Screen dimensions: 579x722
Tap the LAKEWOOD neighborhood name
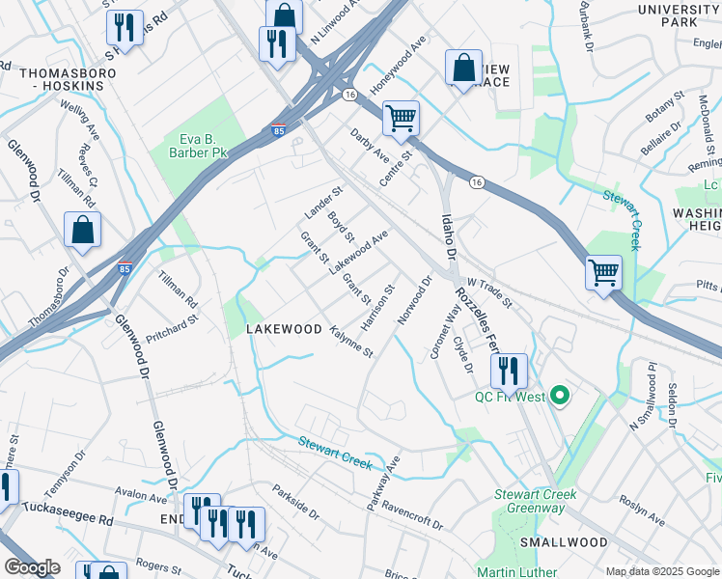pos(284,329)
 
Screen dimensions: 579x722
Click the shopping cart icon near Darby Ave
pos(401,120)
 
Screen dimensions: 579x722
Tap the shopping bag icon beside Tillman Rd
pos(83,231)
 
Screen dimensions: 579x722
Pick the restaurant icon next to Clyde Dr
pos(509,370)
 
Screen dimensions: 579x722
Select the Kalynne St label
pos(351,342)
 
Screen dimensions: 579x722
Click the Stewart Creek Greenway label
pos(536,501)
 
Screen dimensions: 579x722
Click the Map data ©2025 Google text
pos(662,571)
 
